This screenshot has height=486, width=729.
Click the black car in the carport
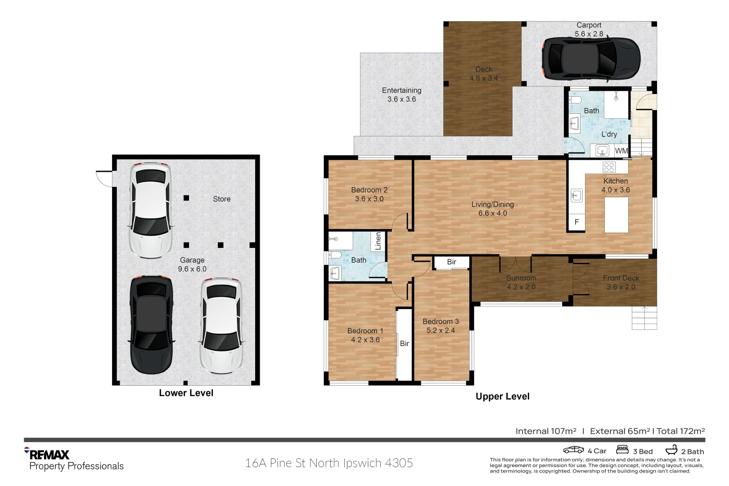pos(591,58)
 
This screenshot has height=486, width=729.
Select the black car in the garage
pos(151,325)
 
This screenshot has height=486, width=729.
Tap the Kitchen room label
pos(616,181)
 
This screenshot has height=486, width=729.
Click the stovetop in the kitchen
pos(608,167)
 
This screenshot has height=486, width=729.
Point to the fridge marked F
pos(577,222)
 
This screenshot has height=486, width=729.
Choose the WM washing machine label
pos(621,151)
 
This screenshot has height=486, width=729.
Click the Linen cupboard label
pos(378,241)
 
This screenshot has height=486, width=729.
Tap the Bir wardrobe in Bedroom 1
pos(405,344)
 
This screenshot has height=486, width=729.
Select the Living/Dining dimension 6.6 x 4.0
pos(492,213)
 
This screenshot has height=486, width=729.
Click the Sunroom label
pos(521,278)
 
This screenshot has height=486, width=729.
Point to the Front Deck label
pos(621,278)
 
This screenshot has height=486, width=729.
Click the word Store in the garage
pos(222,199)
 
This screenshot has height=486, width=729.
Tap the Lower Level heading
pos(186,393)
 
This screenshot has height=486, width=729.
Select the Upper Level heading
pos(503,396)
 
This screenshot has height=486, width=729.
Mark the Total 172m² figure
pos(680,431)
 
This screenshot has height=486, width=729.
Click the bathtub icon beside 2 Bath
pos(671,450)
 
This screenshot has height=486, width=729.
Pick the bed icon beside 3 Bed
pos(622,450)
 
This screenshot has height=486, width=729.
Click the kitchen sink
pos(577,196)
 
